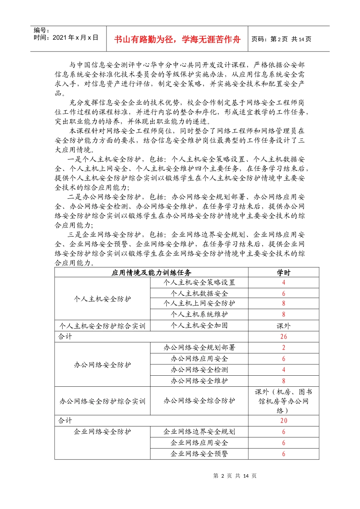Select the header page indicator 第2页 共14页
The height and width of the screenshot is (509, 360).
coord(282,39)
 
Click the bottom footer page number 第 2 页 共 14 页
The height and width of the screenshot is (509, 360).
coord(235,476)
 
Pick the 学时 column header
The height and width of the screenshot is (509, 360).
coord(283,272)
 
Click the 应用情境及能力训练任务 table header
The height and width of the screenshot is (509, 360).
coord(151,272)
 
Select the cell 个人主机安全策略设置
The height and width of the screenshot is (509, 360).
coord(199,283)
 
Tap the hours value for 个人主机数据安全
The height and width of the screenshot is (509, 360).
coord(283,294)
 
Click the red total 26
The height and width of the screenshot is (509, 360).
coord(283,336)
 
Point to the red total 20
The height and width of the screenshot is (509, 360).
coord(283,420)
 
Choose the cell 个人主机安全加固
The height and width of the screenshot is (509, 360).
coord(199,325)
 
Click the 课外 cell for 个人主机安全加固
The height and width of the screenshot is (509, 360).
coord(283,326)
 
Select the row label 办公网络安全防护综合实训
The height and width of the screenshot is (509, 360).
coord(102,401)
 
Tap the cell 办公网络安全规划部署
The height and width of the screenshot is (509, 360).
coord(199,347)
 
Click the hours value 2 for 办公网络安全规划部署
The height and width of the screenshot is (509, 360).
coord(283,347)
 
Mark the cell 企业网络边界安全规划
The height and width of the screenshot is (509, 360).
coord(199,431)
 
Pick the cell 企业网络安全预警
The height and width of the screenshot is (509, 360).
coord(199,454)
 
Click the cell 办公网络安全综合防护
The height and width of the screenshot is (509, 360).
coord(199,401)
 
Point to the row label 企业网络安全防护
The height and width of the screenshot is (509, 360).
coord(102,431)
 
